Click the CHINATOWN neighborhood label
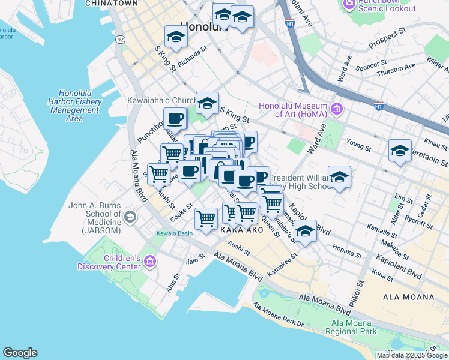(x=108, y=4)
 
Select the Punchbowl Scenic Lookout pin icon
(x=348, y=4)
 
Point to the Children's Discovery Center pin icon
(x=149, y=262)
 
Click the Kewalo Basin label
(x=173, y=233)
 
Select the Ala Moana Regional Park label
(x=350, y=327)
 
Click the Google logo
(x=20, y=353)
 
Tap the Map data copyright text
(x=412, y=355)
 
